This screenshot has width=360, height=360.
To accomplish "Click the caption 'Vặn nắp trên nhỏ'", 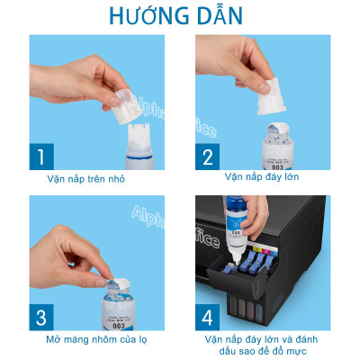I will [x=99, y=179].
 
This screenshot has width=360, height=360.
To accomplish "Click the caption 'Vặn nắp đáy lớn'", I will [x=262, y=176].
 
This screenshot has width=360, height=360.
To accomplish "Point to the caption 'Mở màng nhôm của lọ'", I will [x=99, y=340].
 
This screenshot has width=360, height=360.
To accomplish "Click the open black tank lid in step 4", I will [x=225, y=270].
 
